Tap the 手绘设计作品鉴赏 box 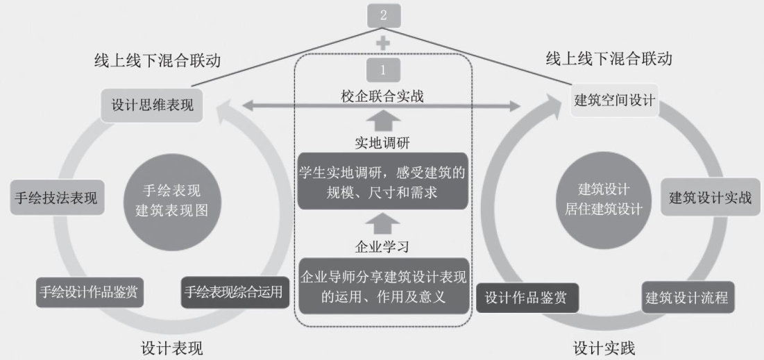90,292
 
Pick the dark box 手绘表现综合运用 233,292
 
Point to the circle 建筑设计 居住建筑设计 603,199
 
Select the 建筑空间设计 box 614,100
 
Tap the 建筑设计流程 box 686,298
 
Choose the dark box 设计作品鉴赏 525,298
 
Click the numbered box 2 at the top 384,15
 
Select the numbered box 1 384,69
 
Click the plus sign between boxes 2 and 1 383,42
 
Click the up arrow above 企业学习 383,224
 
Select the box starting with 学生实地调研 383,180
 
